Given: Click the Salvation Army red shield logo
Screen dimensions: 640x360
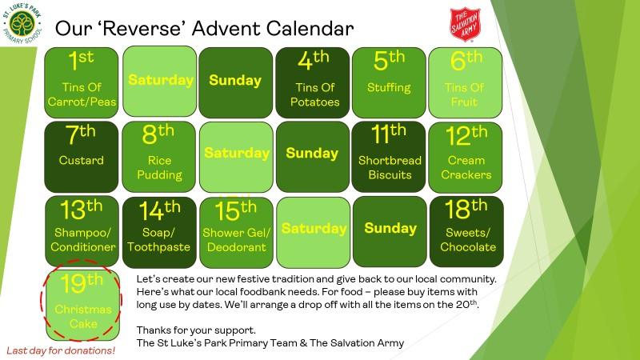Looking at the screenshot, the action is pyautogui.click(x=465, y=25).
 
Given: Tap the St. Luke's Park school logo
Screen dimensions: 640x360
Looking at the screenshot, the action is pyautogui.click(x=22, y=24).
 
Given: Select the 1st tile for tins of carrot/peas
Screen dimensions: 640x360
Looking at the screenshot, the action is pyautogui.click(x=82, y=82).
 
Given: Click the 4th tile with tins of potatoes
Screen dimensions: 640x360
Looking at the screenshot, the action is pyautogui.click(x=313, y=82).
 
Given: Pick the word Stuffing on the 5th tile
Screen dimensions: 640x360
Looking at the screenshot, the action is pyautogui.click(x=389, y=87).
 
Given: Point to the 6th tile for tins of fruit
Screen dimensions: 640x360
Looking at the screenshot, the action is pyautogui.click(x=466, y=82).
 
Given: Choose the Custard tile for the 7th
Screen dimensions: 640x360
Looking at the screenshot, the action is pyautogui.click(x=82, y=157).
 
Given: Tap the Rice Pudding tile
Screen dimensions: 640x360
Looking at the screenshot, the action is pyautogui.click(x=158, y=157).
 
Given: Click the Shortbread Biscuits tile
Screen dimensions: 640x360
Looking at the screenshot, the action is pyautogui.click(x=389, y=157).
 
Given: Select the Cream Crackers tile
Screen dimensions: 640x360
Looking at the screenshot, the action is pyautogui.click(x=466, y=157).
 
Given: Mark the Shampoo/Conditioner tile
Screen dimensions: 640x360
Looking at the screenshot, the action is pyautogui.click(x=82, y=231).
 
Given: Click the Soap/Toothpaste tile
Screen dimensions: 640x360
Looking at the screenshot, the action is pyautogui.click(x=159, y=231).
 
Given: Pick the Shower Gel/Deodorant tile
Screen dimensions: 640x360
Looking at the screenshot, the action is pyautogui.click(x=236, y=231).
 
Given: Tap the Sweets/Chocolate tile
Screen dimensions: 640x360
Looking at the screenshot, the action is pyautogui.click(x=466, y=231).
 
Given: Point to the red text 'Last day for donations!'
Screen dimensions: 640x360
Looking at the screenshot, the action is pyautogui.click(x=61, y=350).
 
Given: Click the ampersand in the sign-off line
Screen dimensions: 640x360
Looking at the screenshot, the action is pyautogui.click(x=303, y=343).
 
